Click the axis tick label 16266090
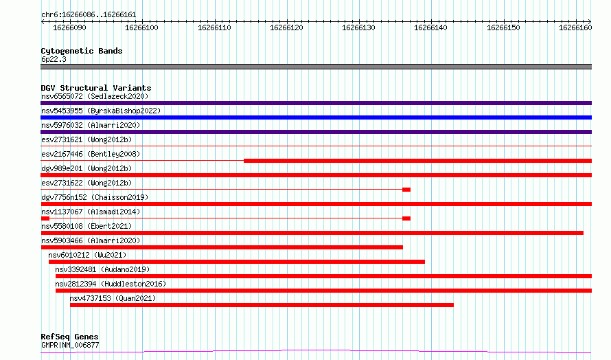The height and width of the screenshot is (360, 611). tap(69, 27)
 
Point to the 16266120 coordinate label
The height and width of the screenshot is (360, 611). tap(286, 27)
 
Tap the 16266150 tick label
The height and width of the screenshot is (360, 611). tap(503, 27)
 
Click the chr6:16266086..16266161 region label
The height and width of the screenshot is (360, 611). tap(89, 15)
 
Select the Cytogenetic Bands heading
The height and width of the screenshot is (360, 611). tap(82, 51)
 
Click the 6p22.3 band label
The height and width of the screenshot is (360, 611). tap(54, 59)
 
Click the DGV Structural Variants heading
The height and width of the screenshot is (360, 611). tap(96, 88)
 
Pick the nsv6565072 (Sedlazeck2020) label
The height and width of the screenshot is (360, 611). tap(95, 96)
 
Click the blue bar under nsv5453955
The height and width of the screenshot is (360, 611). tap(316, 117)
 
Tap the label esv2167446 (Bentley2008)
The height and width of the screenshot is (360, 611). tap(91, 154)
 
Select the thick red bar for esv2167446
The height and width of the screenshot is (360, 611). tap(417, 161)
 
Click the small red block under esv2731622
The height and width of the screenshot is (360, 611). tap(406, 190)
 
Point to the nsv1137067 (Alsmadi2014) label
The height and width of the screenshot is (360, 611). tap(91, 212)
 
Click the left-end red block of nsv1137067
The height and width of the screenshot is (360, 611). tap(45, 218)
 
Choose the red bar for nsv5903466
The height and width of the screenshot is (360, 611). tap(222, 247)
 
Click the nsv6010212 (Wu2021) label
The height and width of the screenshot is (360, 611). tap(87, 255)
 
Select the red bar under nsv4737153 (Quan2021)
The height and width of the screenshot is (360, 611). tap(262, 305)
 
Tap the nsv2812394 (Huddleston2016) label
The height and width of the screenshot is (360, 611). tap(111, 284)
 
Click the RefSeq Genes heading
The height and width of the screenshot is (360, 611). tap(69, 337)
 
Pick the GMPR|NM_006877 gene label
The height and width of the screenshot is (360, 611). tap(70, 345)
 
